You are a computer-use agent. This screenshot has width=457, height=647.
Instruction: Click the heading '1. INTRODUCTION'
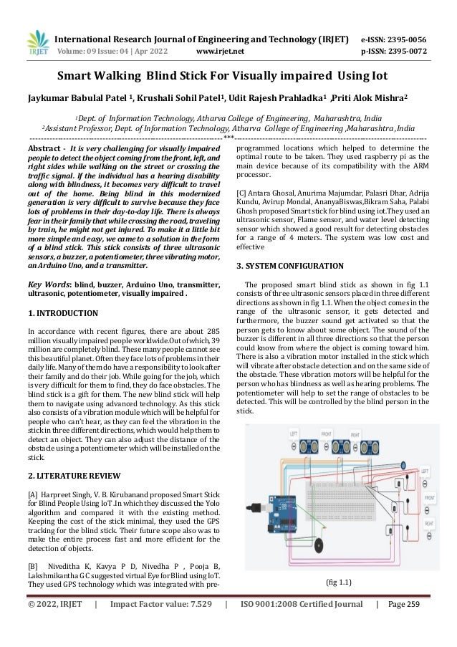62,313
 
